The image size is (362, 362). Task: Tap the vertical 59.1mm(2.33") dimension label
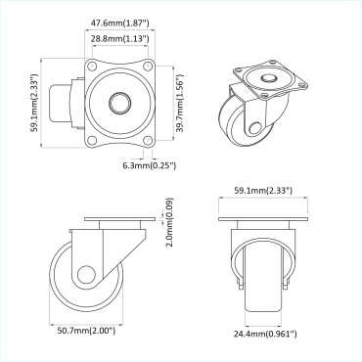point(34,104)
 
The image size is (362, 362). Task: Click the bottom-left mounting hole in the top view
point(92,138)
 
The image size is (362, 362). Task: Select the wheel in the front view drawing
point(260,279)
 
